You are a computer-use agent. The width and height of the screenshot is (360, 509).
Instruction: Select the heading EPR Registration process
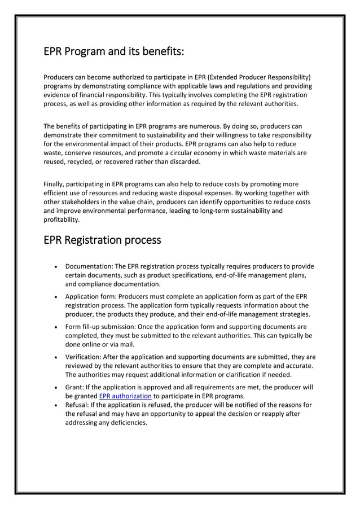point(102,240)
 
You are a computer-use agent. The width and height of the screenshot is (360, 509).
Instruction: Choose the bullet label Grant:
point(76,387)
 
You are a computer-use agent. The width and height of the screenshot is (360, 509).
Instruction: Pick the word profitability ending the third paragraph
point(62,220)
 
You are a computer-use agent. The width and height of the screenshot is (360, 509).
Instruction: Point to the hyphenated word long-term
point(216,211)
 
